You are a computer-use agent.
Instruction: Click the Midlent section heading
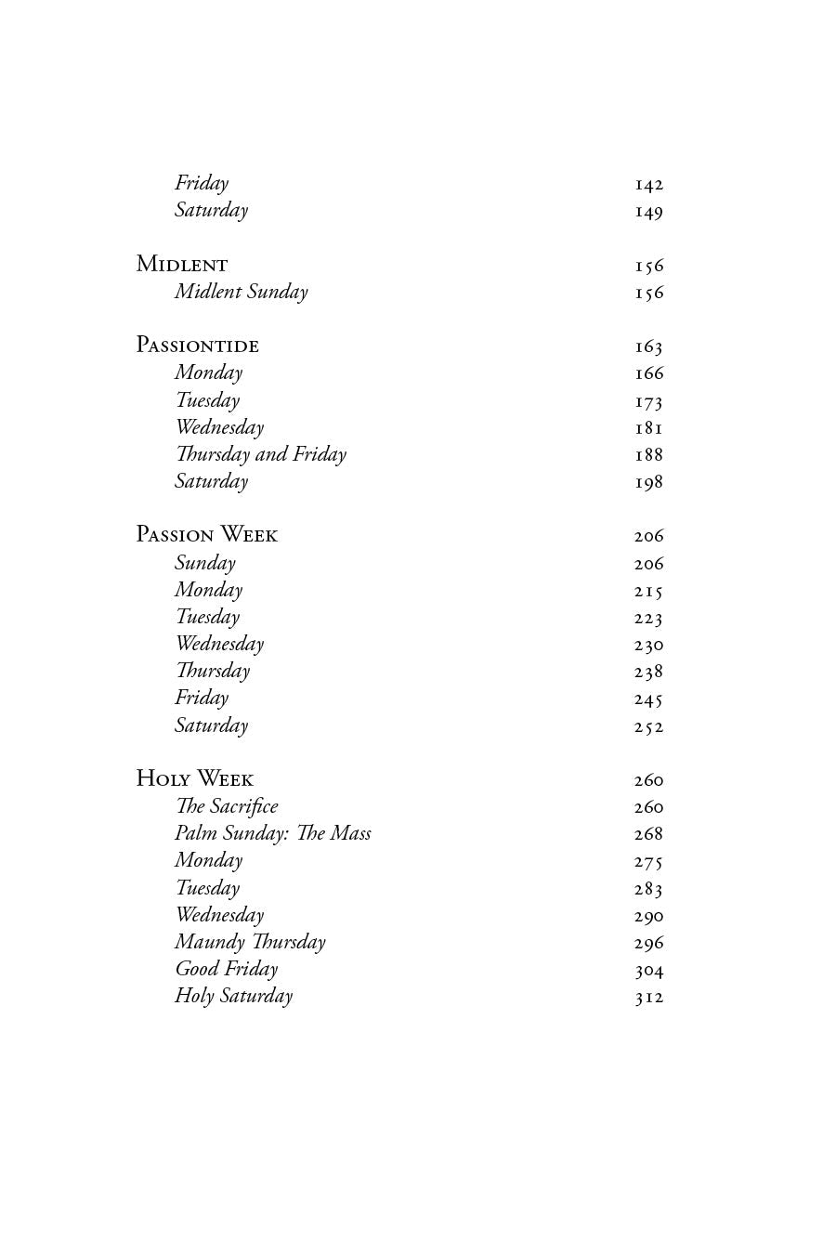click(x=182, y=265)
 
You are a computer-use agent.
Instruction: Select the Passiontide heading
click(x=197, y=346)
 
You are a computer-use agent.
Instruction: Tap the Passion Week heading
click(x=206, y=535)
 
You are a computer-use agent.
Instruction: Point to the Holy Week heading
click(x=194, y=778)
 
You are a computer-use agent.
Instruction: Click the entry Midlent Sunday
click(x=241, y=292)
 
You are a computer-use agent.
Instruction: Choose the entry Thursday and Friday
click(x=260, y=454)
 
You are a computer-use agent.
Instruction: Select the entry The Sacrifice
click(x=226, y=806)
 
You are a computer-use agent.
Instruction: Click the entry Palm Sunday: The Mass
click(x=272, y=833)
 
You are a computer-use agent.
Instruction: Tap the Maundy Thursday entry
click(x=250, y=942)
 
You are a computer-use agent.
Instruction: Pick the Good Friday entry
click(x=226, y=969)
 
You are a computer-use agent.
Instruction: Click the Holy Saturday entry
click(x=233, y=996)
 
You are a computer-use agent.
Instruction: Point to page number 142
click(x=648, y=185)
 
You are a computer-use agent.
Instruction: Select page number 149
click(x=648, y=212)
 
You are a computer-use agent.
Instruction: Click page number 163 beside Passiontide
click(x=648, y=346)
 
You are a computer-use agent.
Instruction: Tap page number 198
click(x=648, y=482)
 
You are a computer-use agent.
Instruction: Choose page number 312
click(x=648, y=998)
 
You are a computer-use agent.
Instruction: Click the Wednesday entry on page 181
click(x=219, y=427)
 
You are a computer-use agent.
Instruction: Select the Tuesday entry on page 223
click(x=207, y=617)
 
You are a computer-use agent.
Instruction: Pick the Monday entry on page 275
click(x=208, y=860)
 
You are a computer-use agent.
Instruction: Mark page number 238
click(x=648, y=672)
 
